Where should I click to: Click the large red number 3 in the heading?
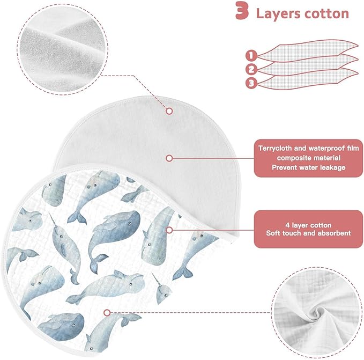click(x=242, y=11)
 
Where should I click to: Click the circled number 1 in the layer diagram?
click(x=251, y=56)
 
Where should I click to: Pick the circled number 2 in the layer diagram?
click(x=251, y=69)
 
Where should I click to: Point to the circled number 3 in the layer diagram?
click(x=251, y=83)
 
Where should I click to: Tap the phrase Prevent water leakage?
click(x=309, y=167)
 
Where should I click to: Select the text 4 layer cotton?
click(x=308, y=225)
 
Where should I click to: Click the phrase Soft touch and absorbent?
click(x=308, y=233)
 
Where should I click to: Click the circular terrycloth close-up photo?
click(x=62, y=49)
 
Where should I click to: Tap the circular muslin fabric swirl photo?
click(x=317, y=312)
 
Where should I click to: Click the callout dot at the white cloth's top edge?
click(x=169, y=111)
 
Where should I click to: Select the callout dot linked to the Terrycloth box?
click(x=169, y=158)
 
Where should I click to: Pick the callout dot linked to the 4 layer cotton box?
click(x=169, y=230)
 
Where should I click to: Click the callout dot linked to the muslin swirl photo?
click(x=107, y=313)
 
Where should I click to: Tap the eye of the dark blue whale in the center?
click(x=129, y=223)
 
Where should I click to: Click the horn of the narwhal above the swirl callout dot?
click(x=155, y=280)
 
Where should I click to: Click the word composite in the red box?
click(x=291, y=158)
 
